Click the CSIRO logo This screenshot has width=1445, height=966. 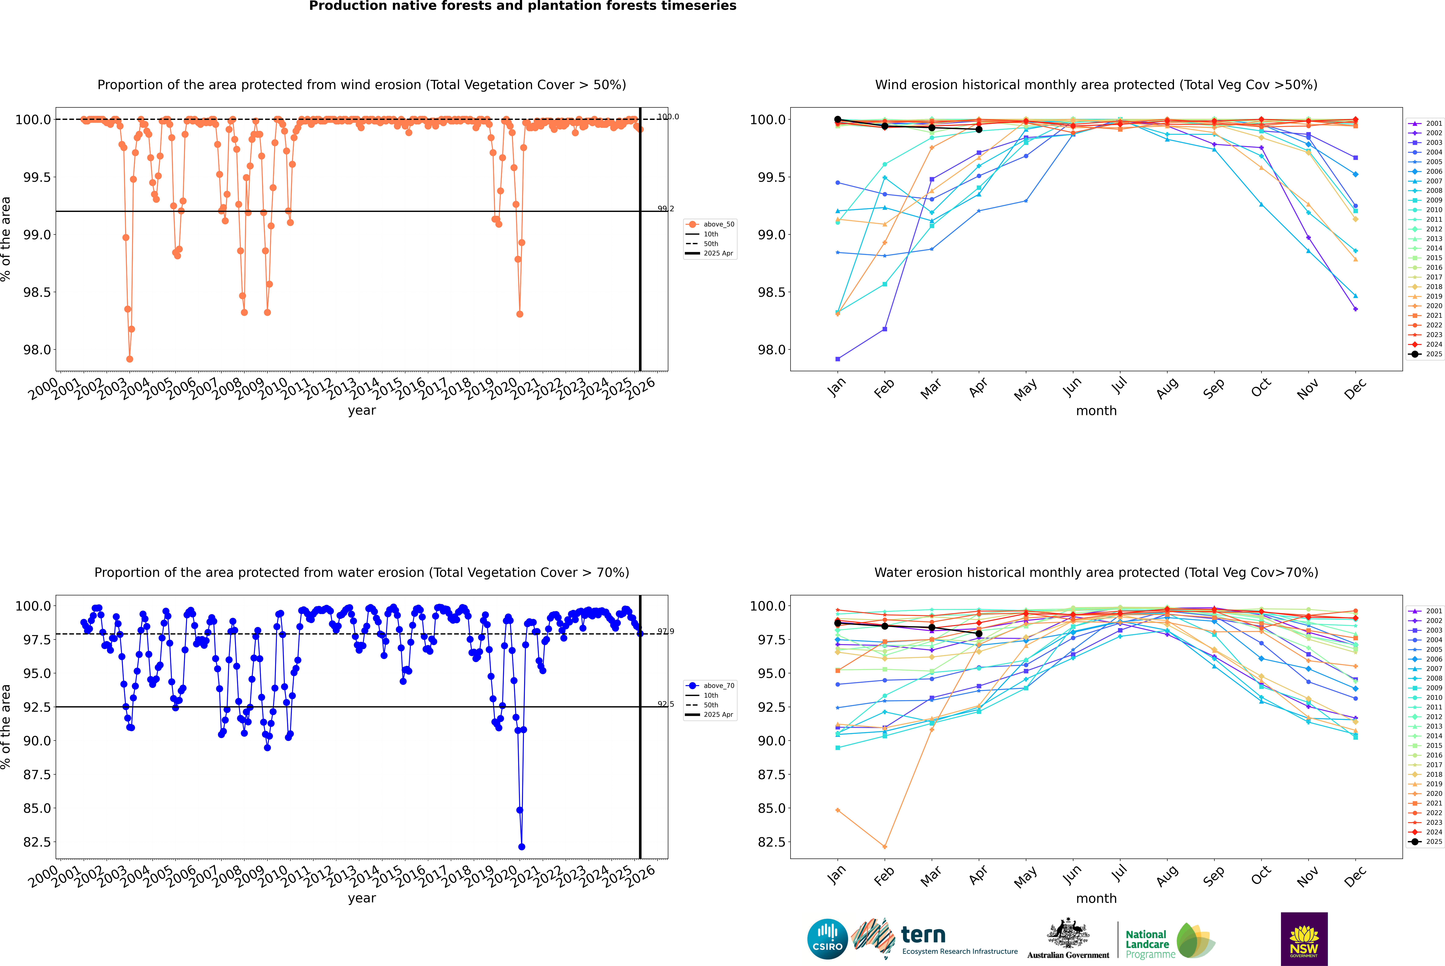(827, 939)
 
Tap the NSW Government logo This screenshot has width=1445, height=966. (1304, 939)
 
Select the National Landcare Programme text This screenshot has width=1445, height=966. (1147, 944)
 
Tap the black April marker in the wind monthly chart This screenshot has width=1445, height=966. (979, 129)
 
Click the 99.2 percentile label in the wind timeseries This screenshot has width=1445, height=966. (665, 209)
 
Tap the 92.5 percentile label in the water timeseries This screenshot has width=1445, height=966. (665, 704)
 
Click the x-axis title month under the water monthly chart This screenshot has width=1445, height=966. (1096, 898)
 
